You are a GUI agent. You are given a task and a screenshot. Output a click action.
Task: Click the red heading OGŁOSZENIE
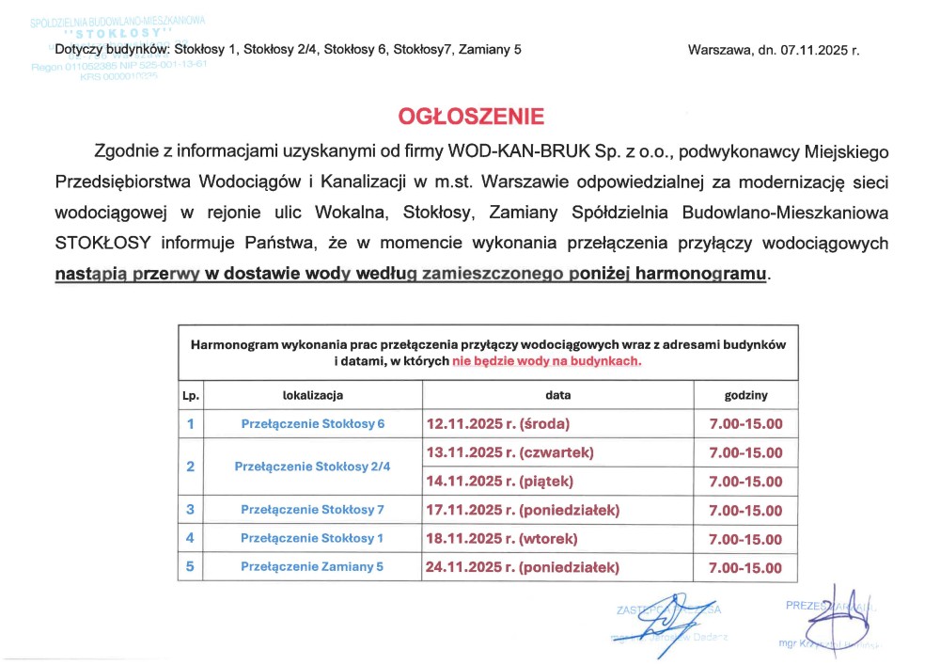coord(471,117)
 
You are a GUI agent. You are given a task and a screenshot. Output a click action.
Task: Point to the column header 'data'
coord(557,395)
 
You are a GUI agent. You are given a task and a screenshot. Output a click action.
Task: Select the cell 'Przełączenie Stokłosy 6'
coord(312,424)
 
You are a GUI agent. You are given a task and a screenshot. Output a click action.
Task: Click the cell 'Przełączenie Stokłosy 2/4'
coord(312,467)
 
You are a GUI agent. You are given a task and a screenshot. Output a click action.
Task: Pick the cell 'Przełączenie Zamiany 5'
coord(312,567)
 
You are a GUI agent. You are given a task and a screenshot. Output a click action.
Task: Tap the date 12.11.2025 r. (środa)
coord(498,424)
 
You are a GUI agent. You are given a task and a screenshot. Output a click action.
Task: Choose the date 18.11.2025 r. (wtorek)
coord(502,539)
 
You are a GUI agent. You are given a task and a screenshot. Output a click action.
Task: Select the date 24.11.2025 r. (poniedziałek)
coord(524,567)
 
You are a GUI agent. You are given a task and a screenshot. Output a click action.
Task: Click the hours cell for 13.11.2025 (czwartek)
coord(745,452)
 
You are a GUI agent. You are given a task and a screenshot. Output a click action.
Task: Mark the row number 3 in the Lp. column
coord(191,510)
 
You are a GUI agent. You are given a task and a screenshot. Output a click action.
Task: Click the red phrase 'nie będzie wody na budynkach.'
coord(547,361)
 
